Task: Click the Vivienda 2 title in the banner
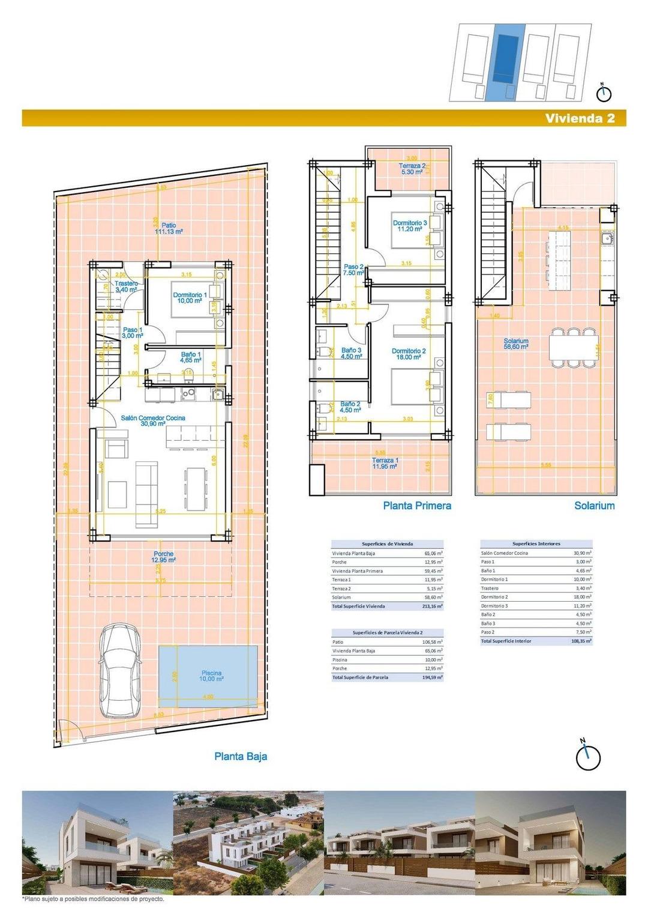[x=580, y=118]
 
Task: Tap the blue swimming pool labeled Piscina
[x=208, y=672]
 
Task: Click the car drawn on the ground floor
[x=121, y=670]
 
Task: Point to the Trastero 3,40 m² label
[x=126, y=286]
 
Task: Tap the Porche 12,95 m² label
[x=163, y=557]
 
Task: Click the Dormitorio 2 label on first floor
[x=409, y=354]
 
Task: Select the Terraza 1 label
[x=385, y=463]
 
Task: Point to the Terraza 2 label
[x=412, y=169]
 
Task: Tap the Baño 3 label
[x=351, y=353]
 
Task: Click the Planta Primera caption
[x=417, y=506]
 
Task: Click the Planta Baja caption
[x=241, y=756]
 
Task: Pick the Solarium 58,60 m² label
[x=516, y=343]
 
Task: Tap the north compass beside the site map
[x=604, y=93]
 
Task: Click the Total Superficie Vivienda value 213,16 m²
[x=432, y=607]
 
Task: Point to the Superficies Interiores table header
[x=536, y=543]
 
